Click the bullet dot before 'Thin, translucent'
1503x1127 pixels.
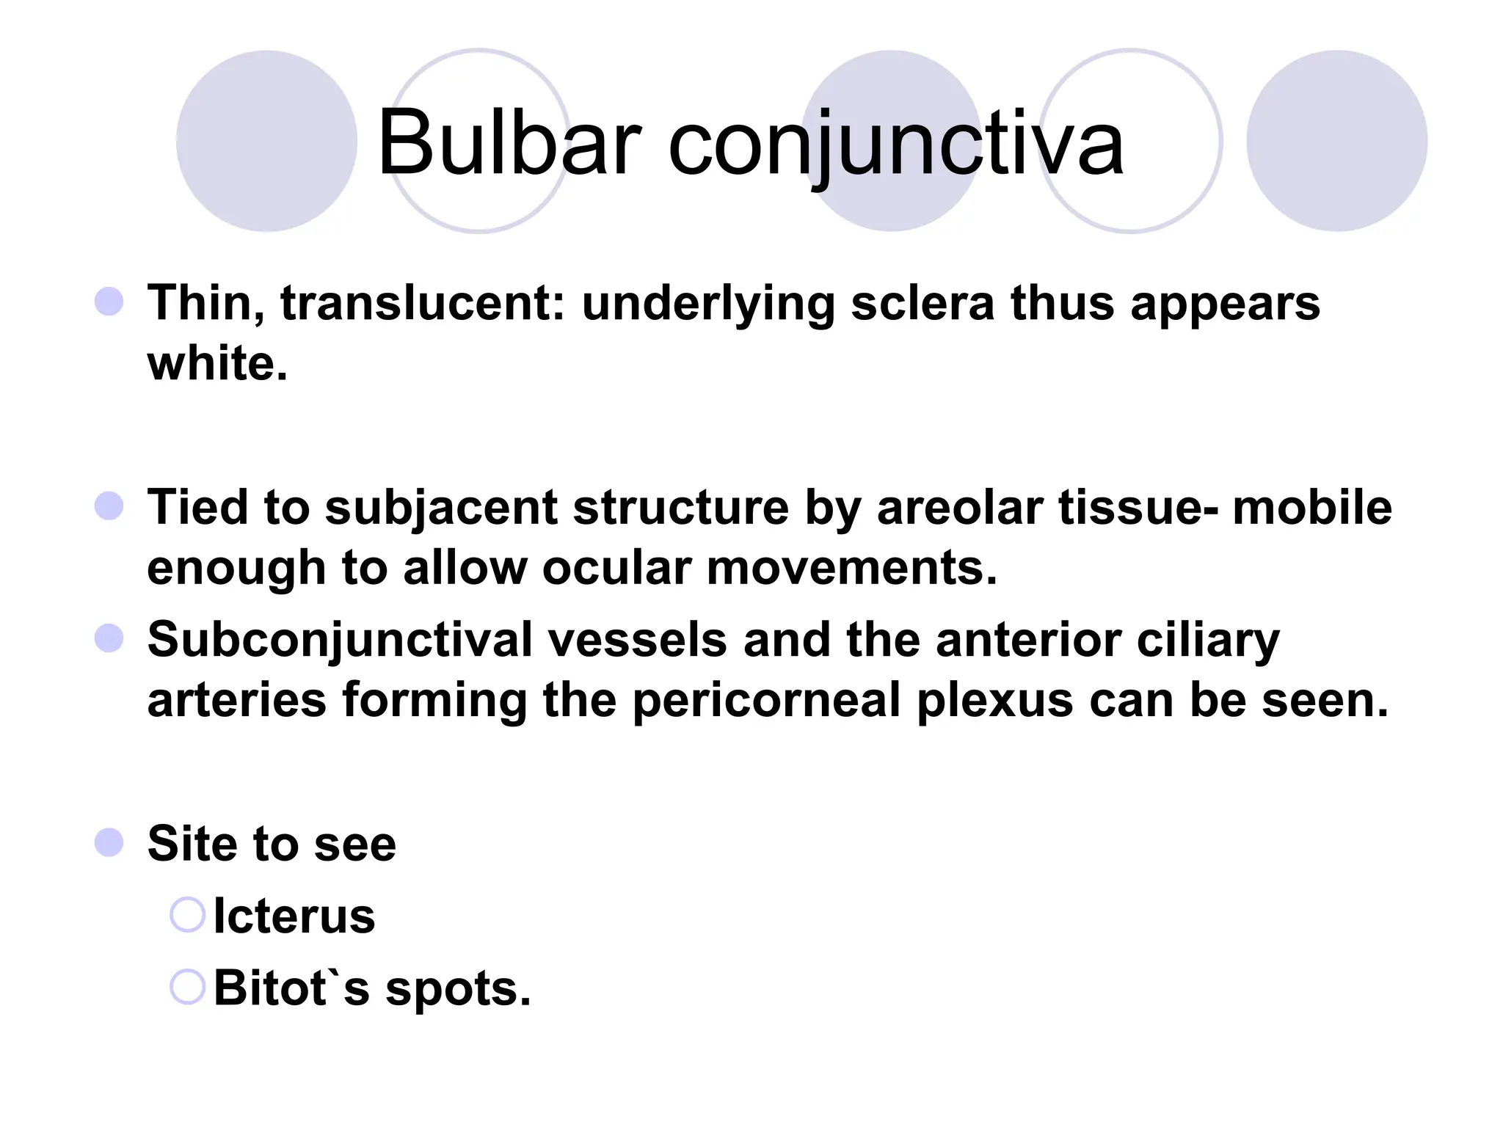click(x=109, y=302)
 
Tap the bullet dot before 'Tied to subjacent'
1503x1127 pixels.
click(x=109, y=506)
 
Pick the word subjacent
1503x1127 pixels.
click(x=440, y=508)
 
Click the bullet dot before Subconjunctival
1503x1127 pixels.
click(x=109, y=638)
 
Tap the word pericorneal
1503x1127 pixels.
click(x=766, y=700)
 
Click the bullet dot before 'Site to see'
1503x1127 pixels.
click(x=109, y=842)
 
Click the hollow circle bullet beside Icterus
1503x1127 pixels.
click(x=187, y=915)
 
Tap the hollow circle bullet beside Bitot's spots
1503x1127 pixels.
click(x=187, y=987)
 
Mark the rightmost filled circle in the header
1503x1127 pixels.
click(x=1336, y=141)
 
